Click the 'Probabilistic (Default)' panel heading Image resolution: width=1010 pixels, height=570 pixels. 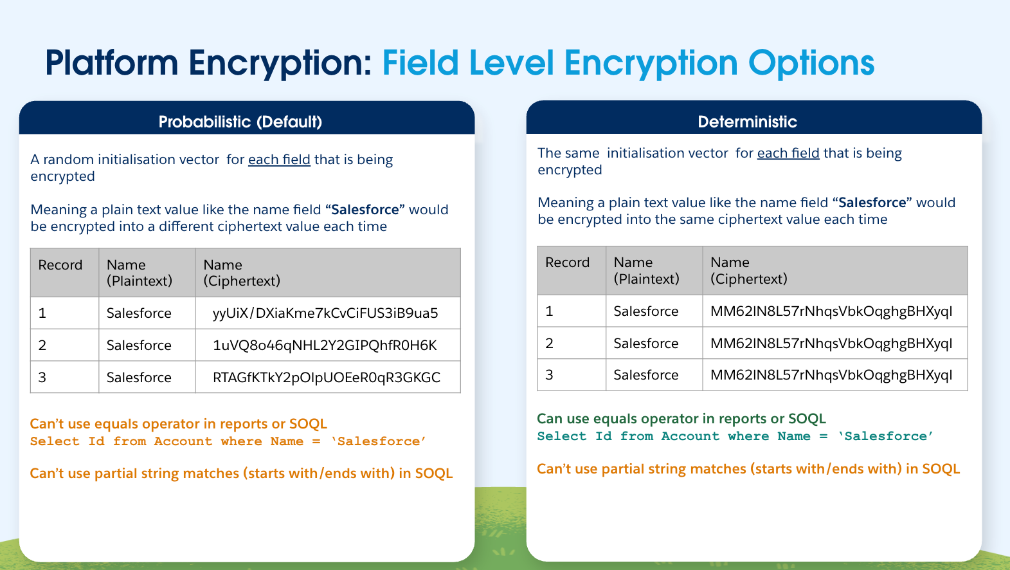(x=240, y=122)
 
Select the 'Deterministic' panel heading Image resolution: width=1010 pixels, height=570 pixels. (x=747, y=122)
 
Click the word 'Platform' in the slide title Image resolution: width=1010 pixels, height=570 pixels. (x=112, y=63)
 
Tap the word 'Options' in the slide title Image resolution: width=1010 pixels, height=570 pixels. (x=811, y=64)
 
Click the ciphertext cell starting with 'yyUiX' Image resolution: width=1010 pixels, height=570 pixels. (x=325, y=313)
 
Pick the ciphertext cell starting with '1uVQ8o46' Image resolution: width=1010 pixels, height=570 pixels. (x=325, y=345)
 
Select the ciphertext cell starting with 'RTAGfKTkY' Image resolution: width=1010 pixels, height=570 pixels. (x=327, y=377)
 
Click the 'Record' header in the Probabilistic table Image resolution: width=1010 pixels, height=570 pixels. (x=60, y=265)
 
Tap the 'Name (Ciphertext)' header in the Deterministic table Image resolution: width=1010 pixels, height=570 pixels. (x=749, y=271)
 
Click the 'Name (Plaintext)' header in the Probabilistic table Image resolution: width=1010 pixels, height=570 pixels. (x=140, y=273)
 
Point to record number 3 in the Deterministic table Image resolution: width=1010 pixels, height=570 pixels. (x=549, y=374)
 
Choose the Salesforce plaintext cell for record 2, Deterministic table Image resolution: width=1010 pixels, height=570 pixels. (x=645, y=344)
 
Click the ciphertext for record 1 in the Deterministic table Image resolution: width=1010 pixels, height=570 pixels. (x=831, y=311)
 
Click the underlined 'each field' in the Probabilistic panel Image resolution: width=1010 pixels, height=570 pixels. (x=279, y=160)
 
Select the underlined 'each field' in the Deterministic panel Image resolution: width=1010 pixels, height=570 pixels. (x=788, y=154)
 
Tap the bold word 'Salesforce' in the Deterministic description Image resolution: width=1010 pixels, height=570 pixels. (x=872, y=203)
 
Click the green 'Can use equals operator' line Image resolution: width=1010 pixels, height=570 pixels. (x=681, y=419)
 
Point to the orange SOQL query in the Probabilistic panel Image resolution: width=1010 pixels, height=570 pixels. (x=228, y=441)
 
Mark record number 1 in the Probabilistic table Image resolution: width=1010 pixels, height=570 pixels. (x=42, y=313)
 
